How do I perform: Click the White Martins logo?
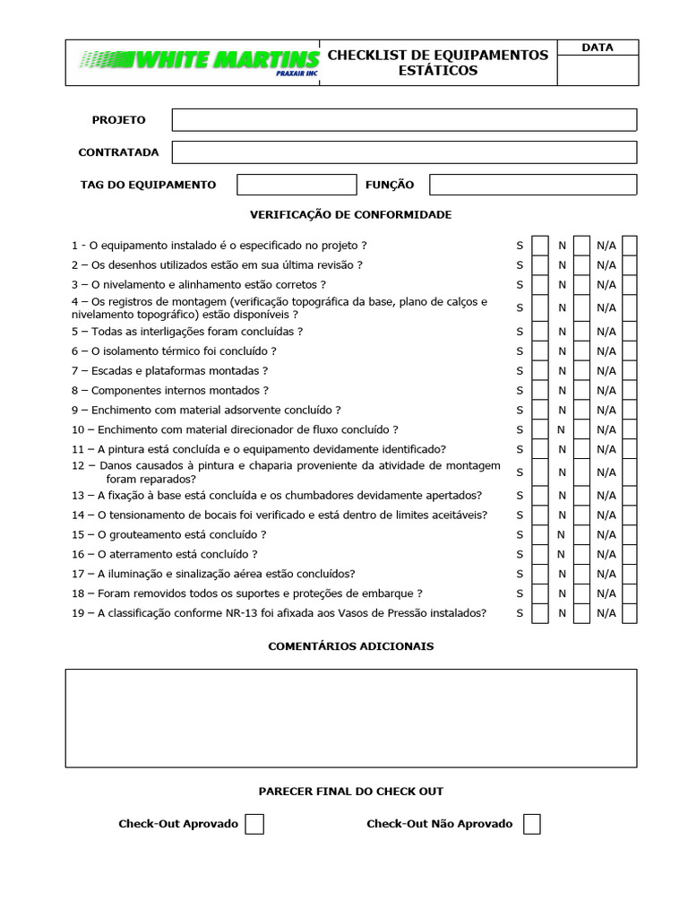[x=199, y=61]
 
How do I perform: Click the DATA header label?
[x=597, y=48]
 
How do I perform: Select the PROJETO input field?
[x=404, y=120]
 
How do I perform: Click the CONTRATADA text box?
[x=404, y=152]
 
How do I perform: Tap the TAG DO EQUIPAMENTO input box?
[x=297, y=185]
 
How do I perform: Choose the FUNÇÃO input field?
[x=533, y=185]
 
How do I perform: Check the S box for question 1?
[x=540, y=246]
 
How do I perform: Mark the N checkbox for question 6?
[x=582, y=351]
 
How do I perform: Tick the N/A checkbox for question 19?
[x=630, y=613]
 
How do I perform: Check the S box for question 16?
[x=540, y=554]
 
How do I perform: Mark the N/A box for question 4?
[x=630, y=307]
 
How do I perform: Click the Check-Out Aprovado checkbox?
[x=254, y=824]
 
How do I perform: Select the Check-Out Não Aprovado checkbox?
[x=532, y=824]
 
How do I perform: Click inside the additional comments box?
[x=350, y=718]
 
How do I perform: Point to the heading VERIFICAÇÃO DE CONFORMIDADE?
[x=350, y=215]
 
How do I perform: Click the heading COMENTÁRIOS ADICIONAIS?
[x=350, y=646]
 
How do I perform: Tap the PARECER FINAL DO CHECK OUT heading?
[x=350, y=792]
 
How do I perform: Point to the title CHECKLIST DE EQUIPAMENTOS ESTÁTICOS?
[x=438, y=63]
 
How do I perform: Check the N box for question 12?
[x=582, y=472]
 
